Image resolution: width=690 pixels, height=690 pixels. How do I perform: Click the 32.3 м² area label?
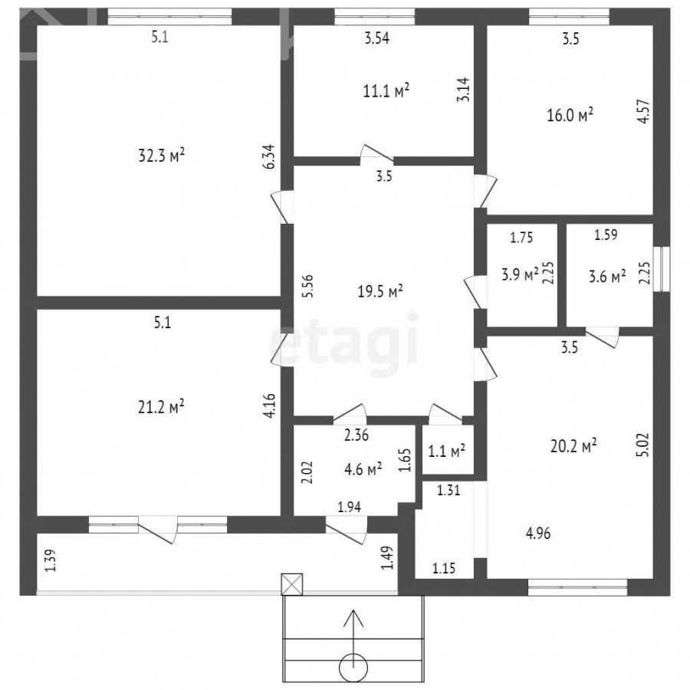(162, 156)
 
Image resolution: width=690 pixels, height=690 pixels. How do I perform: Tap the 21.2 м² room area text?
(161, 406)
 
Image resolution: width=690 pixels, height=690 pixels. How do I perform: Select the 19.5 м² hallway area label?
(380, 291)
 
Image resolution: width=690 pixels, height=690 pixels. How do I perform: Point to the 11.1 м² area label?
(386, 90)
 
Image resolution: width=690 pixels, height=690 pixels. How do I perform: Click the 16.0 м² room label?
(570, 115)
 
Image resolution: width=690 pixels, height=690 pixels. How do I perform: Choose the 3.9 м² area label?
(520, 274)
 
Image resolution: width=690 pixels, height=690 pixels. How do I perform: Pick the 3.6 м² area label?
(607, 276)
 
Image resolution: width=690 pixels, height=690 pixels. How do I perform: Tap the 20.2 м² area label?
(573, 446)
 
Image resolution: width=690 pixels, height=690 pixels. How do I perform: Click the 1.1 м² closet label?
(447, 451)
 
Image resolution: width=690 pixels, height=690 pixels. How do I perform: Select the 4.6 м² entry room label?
(363, 468)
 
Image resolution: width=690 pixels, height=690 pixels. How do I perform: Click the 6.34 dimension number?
(268, 156)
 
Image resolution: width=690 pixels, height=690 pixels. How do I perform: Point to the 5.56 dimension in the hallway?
(307, 286)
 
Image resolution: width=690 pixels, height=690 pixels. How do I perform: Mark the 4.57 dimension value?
(643, 111)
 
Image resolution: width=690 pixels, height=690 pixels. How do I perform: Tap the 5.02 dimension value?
(643, 445)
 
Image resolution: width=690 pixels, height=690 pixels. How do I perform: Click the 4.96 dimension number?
(538, 534)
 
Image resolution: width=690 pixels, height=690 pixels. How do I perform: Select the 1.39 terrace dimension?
(51, 560)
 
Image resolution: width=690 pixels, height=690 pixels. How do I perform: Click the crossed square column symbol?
(292, 584)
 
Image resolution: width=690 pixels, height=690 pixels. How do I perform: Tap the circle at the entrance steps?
(353, 668)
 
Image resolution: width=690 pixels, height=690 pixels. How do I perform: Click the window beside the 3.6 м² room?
(662, 269)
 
